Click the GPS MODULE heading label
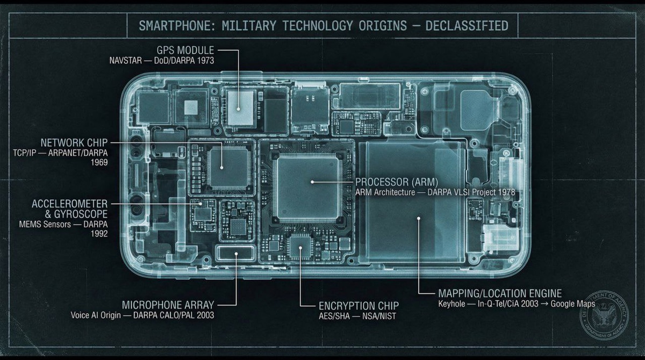click(185, 50)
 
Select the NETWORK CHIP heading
click(74, 142)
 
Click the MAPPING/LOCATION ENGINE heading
click(500, 293)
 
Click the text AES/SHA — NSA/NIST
click(357, 316)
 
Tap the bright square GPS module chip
click(240, 106)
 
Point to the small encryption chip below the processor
click(300, 248)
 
